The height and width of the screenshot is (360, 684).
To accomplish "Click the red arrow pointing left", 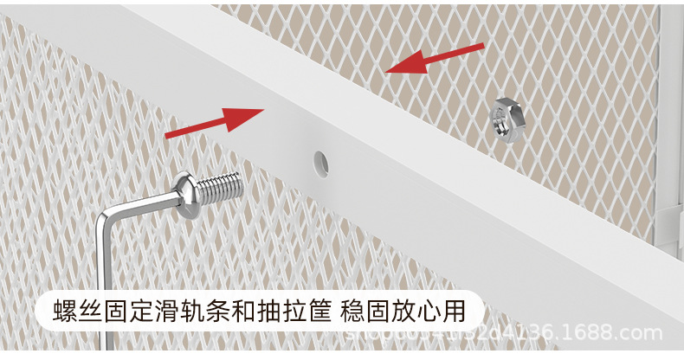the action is tap(433, 60).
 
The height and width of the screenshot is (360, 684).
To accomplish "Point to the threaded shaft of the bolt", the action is tap(217, 186).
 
